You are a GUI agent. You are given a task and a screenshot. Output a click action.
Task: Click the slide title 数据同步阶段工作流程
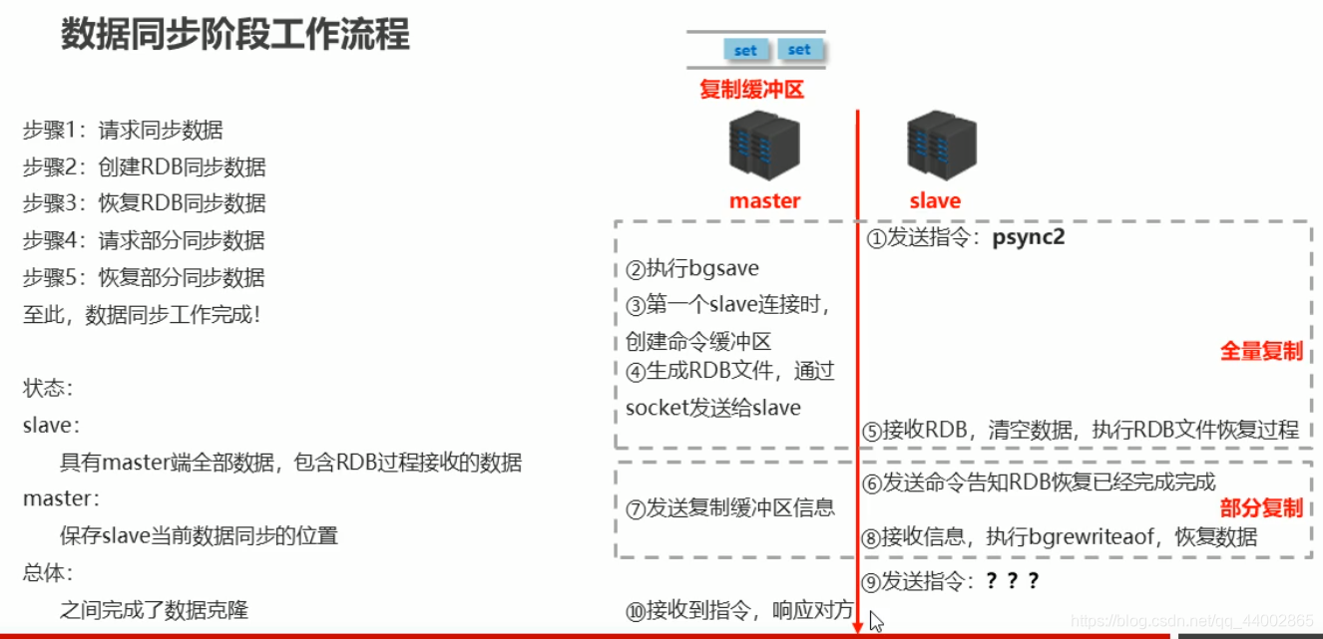tap(235, 35)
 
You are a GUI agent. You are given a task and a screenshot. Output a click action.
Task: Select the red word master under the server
tap(764, 200)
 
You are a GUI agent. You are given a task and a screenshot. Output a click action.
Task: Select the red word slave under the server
tap(935, 200)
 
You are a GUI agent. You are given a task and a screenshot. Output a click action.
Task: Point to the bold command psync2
tap(1029, 238)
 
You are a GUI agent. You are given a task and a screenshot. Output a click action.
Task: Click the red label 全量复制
tap(1261, 351)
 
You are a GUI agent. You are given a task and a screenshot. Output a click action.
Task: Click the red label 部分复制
tap(1261, 507)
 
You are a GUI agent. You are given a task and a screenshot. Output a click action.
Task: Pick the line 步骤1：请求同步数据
tap(123, 130)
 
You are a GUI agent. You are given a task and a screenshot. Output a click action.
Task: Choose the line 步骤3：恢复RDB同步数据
tap(145, 203)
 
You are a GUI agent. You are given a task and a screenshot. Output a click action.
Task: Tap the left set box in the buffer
tap(745, 50)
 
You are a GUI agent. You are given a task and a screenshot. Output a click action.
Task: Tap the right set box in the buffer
tap(799, 49)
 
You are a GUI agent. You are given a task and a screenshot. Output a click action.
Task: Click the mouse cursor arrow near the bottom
tap(875, 621)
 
